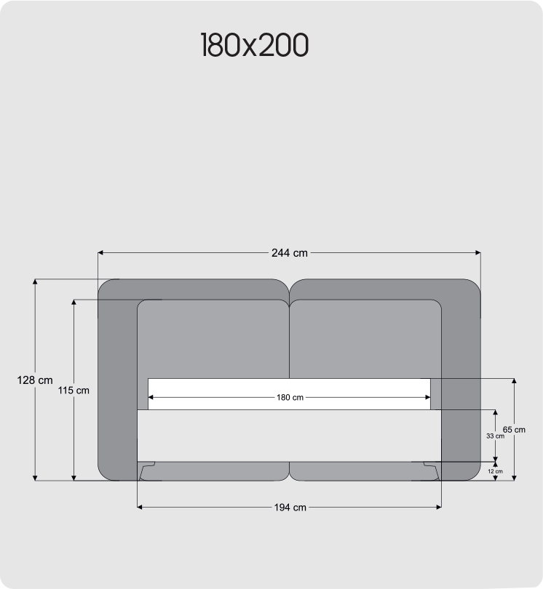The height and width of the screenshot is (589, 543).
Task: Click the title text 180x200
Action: tap(254, 45)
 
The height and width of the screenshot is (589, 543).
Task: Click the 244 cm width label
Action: tap(289, 253)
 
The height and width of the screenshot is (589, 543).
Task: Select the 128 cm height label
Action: tap(35, 380)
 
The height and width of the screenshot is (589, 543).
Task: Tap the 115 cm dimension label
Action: tap(73, 390)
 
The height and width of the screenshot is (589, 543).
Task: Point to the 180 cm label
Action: tap(289, 398)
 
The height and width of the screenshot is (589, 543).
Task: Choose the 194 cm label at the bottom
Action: tap(289, 508)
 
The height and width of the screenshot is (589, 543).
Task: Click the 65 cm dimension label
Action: tap(514, 430)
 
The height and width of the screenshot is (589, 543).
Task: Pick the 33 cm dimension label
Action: tap(495, 436)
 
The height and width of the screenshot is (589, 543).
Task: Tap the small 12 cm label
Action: tap(495, 471)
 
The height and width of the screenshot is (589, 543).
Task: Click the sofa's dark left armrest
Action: tap(116, 378)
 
